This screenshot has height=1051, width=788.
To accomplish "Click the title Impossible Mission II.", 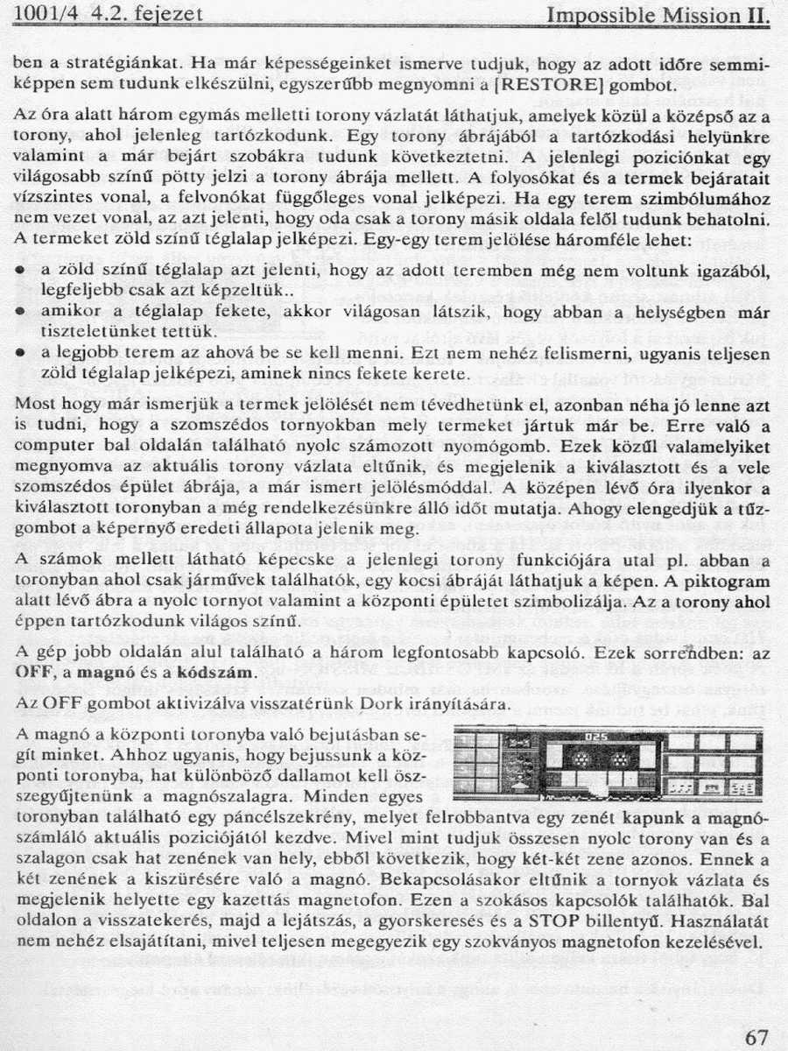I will click(x=658, y=15).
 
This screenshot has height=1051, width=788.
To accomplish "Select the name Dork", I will click(x=376, y=704).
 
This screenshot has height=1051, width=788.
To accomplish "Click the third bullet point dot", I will click(x=19, y=354).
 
